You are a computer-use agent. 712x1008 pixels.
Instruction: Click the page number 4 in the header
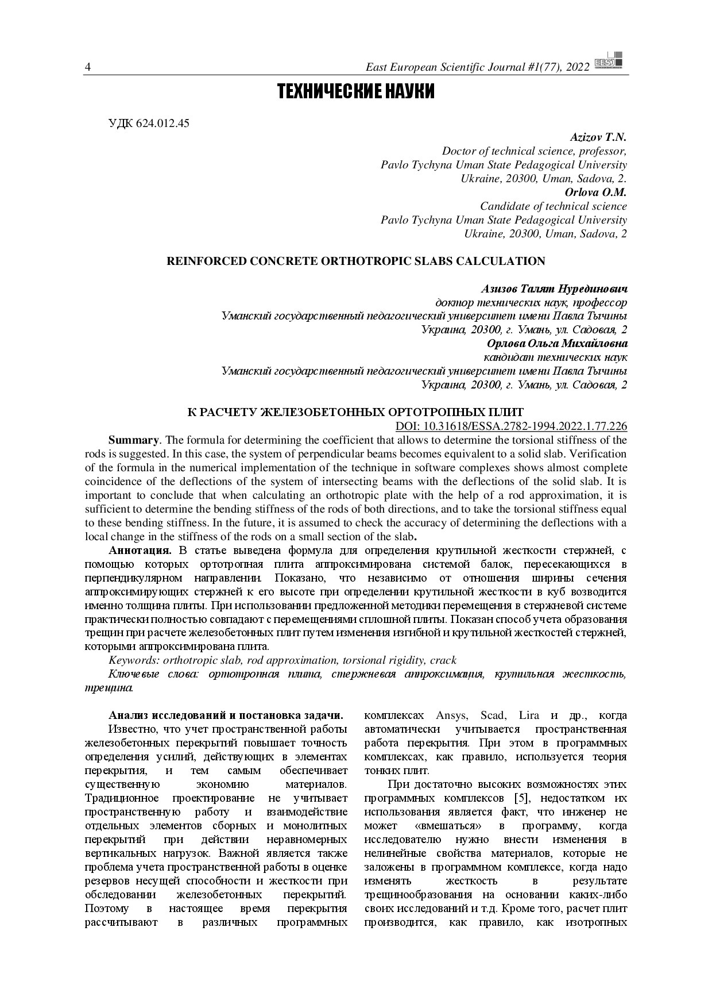click(88, 68)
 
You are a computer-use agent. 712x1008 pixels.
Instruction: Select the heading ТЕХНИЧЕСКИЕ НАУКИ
click(355, 92)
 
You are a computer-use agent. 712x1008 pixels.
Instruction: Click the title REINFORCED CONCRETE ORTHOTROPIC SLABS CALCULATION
click(355, 261)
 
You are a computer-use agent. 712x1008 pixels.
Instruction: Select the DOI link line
click(511, 426)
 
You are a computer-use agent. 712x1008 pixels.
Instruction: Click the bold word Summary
click(133, 440)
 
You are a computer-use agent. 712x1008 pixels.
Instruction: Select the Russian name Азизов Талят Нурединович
click(553, 288)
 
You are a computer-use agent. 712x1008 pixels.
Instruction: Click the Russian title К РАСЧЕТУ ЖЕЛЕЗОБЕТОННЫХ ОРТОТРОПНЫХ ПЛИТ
click(356, 413)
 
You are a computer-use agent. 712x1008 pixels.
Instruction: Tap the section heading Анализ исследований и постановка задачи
click(226, 716)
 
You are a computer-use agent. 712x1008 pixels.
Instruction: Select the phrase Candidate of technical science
click(553, 206)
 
